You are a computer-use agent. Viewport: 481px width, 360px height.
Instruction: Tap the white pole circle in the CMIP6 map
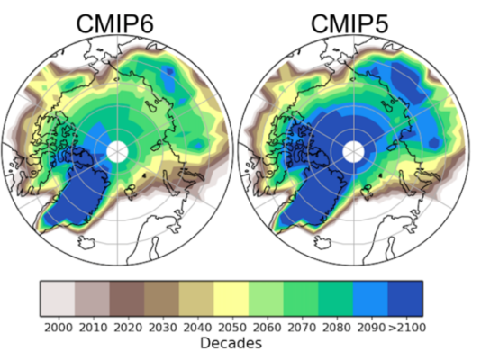pyautogui.click(x=117, y=151)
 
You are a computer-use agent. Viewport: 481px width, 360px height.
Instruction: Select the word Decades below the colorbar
pyautogui.click(x=231, y=343)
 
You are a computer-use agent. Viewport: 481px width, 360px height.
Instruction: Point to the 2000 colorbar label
pyautogui.click(x=57, y=326)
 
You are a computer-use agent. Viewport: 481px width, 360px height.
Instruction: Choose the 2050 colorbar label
pyautogui.click(x=231, y=326)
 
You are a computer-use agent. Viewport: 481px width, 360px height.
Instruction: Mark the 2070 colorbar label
pyautogui.click(x=300, y=326)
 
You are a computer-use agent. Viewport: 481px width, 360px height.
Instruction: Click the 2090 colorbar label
pyautogui.click(x=369, y=326)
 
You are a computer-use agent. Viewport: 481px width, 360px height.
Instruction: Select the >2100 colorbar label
pyautogui.click(x=405, y=326)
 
